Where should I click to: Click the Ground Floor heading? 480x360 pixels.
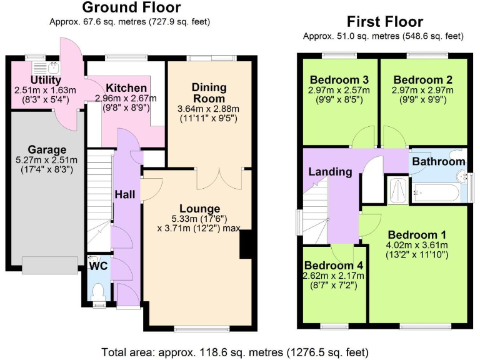pyautogui.click(x=131, y=8)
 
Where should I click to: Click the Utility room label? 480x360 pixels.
pyautogui.click(x=46, y=80)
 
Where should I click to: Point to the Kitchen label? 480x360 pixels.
pyautogui.click(x=126, y=87)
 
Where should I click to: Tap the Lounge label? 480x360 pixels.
pyautogui.click(x=199, y=208)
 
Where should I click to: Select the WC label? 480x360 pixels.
pyautogui.click(x=98, y=266)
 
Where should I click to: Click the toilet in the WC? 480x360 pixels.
pyautogui.click(x=97, y=291)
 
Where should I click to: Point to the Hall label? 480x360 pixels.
pyautogui.click(x=124, y=194)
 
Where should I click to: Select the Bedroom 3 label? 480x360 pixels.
pyautogui.click(x=339, y=80)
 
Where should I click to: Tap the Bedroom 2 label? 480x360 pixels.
pyautogui.click(x=422, y=80)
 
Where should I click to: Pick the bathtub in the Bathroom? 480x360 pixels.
pyautogui.click(x=437, y=192)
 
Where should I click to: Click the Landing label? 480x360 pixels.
pyautogui.click(x=329, y=172)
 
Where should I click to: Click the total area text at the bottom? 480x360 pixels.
pyautogui.click(x=240, y=352)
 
